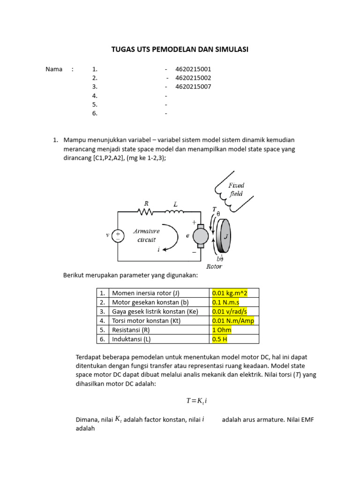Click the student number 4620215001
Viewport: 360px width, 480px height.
(x=193, y=69)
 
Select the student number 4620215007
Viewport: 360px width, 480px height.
(x=193, y=87)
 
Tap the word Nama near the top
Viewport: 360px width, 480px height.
(x=54, y=69)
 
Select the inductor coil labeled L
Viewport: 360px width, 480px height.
(x=175, y=212)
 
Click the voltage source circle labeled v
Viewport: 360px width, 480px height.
(x=118, y=236)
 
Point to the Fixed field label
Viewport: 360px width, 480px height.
(x=236, y=189)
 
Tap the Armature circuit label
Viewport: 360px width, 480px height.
(x=146, y=235)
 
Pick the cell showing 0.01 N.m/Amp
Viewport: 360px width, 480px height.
(x=232, y=321)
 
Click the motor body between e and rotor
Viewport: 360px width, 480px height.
(x=201, y=236)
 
